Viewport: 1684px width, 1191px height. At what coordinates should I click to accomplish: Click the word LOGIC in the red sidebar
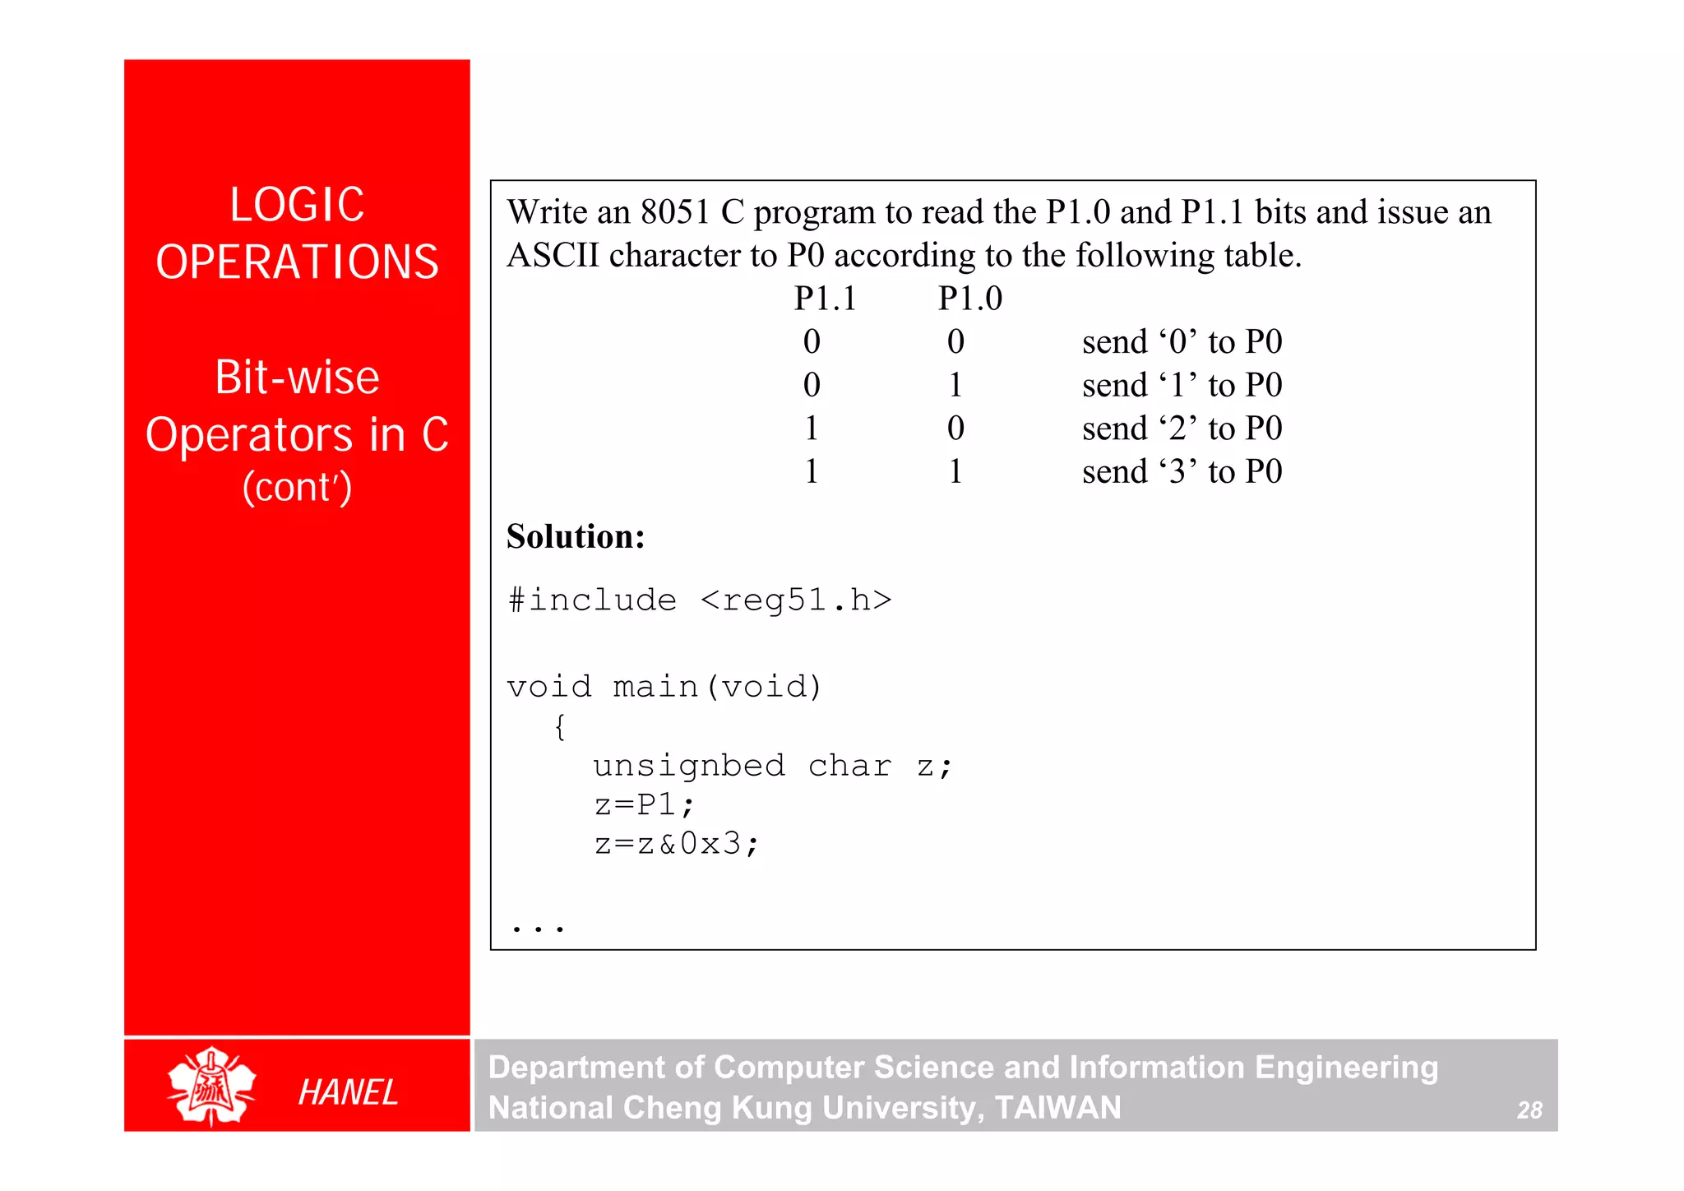(297, 205)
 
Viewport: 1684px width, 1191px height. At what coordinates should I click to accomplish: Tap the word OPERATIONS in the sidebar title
(297, 262)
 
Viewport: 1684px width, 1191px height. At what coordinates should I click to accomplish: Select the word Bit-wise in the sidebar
(297, 378)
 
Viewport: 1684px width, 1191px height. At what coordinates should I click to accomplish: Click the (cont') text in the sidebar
(297, 487)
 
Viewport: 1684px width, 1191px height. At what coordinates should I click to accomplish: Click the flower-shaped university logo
(212, 1086)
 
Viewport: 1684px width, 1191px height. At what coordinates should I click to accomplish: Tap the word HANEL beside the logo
(348, 1092)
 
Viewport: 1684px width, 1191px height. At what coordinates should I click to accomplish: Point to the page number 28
(1529, 1110)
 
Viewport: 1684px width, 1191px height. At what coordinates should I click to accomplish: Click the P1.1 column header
(825, 299)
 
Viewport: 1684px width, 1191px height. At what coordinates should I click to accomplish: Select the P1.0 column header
(970, 299)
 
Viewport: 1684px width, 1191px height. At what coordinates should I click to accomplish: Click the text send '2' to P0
(1182, 429)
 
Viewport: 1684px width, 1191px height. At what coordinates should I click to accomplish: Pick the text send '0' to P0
(1182, 342)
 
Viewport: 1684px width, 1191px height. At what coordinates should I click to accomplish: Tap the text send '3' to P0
(1182, 472)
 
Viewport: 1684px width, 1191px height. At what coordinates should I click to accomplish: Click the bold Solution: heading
(576, 536)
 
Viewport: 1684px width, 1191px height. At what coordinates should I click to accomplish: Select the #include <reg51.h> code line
(700, 600)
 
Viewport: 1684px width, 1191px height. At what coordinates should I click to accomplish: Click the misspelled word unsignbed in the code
(689, 766)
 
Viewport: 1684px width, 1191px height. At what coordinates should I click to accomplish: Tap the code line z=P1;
(645, 804)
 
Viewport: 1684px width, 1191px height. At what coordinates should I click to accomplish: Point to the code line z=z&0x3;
(676, 844)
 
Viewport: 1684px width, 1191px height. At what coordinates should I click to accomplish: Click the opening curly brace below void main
(560, 726)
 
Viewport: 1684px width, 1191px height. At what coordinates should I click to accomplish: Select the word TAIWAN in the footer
(1058, 1108)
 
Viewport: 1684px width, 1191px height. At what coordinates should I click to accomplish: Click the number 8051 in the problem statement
(675, 213)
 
